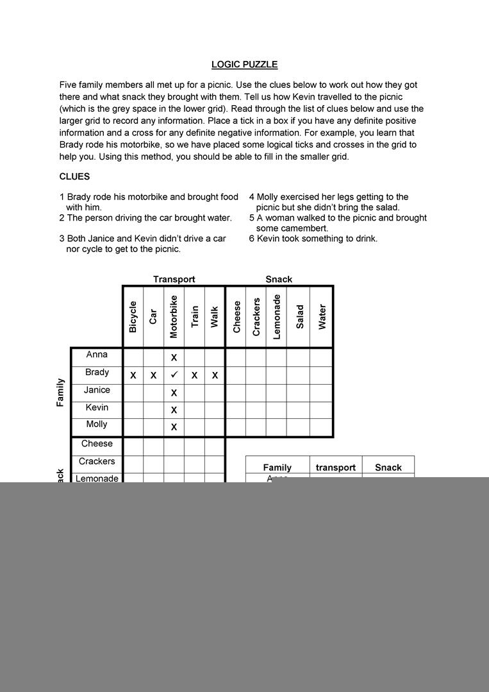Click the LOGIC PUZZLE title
244,65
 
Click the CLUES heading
74,176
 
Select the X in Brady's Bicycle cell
133,375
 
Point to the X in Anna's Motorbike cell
174,358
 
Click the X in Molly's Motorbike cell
174,427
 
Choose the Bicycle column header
133,317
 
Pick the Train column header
194,317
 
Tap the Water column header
322,317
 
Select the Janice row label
97,390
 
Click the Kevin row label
97,407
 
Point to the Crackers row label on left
97,461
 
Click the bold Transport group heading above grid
174,279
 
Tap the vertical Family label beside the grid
60,392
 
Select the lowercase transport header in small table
335,468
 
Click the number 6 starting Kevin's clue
252,239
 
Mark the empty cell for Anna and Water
321,357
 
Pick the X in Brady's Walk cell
215,375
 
